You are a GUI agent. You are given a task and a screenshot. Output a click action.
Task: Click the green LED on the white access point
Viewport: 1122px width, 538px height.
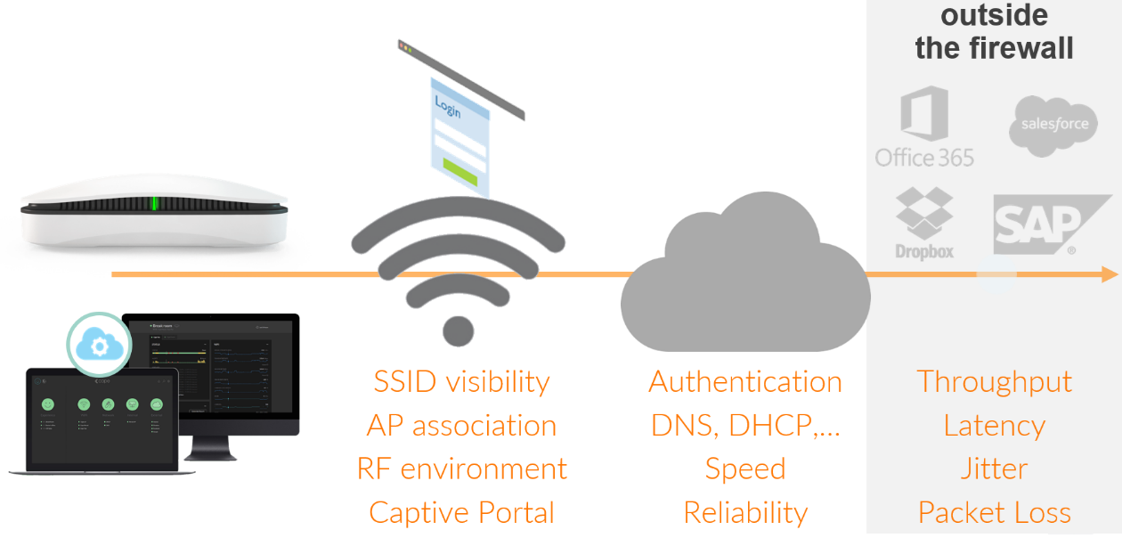point(154,204)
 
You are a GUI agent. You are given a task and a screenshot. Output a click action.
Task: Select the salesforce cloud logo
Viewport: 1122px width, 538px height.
point(1053,126)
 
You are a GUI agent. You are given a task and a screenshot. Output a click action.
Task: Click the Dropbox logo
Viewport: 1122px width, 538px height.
point(924,223)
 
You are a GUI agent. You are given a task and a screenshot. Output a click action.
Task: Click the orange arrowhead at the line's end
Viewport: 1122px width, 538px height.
point(1109,274)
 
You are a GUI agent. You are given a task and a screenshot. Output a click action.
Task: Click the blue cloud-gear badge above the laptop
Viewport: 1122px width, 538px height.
point(99,345)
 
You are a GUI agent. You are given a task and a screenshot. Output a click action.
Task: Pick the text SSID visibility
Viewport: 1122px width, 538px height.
point(461,382)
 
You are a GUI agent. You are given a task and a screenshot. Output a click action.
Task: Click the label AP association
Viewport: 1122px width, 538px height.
point(461,426)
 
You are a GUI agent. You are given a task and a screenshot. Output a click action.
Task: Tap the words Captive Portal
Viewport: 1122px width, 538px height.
point(461,513)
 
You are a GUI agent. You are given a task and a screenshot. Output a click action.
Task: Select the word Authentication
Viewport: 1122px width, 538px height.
point(745,382)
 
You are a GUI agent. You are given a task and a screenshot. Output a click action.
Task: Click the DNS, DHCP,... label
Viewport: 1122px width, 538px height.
point(745,426)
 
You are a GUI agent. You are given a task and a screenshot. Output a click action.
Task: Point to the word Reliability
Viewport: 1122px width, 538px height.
point(745,513)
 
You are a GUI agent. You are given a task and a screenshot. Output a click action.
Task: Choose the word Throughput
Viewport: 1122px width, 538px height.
point(994,382)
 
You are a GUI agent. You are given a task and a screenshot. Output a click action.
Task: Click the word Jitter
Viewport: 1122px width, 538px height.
point(994,469)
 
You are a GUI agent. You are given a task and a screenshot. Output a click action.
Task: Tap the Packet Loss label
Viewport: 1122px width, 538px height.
point(994,513)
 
